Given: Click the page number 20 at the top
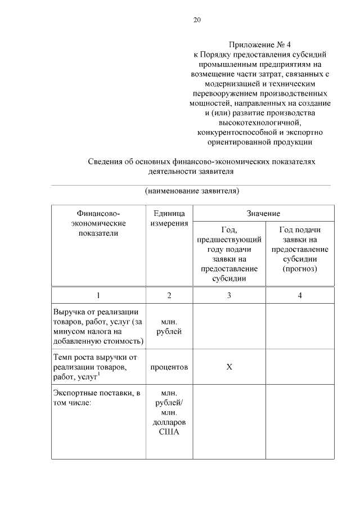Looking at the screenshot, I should coord(197,20).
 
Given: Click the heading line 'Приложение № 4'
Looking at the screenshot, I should coord(261,44).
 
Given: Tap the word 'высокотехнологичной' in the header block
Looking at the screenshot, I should coord(260,122).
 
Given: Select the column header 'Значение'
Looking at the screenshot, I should coord(263,214).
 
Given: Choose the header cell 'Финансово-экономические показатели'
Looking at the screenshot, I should coord(98,223).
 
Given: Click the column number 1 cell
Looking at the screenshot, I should coord(98,295).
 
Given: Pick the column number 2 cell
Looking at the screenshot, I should coord(169,295).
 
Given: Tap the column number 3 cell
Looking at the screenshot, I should coord(229,295).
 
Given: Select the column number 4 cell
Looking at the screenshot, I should coord(300,295).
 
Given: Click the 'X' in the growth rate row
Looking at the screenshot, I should coord(229,367).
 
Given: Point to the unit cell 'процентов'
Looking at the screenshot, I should coord(169,367).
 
